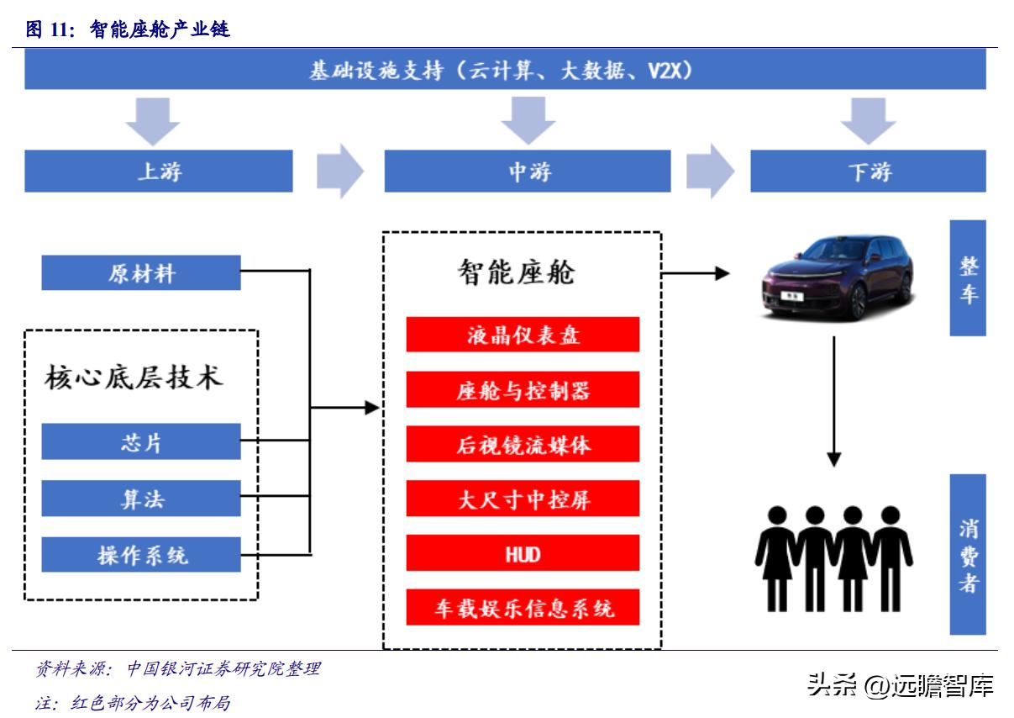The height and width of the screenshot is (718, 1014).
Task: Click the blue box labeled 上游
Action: [x=158, y=172]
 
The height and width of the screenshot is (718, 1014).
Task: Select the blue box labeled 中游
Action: [x=527, y=172]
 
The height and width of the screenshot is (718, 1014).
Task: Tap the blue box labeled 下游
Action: [x=867, y=172]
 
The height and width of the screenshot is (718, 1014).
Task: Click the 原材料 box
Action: [x=141, y=273]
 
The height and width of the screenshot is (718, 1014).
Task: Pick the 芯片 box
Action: [x=141, y=442]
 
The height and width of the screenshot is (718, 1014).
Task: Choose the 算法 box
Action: [x=141, y=499]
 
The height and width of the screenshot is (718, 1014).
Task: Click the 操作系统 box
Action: [x=141, y=555]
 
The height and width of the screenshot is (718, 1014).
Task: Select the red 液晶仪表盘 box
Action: [x=523, y=335]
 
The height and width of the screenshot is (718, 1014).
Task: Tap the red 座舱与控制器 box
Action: [x=523, y=390]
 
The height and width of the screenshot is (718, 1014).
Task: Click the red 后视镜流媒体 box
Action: [x=523, y=444]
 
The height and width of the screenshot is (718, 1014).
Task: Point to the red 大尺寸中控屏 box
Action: [x=523, y=499]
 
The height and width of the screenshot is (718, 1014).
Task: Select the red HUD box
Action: [x=523, y=553]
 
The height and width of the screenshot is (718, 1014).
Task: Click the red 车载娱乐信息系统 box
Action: [x=523, y=608]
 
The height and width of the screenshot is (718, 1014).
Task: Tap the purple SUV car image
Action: [x=837, y=277]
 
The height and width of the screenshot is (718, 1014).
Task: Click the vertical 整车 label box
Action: [x=968, y=278]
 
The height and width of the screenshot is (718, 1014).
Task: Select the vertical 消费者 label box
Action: [x=968, y=554]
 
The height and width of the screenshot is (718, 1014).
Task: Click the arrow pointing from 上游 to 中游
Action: [x=339, y=172]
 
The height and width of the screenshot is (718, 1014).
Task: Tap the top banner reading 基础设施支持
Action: [x=504, y=70]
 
